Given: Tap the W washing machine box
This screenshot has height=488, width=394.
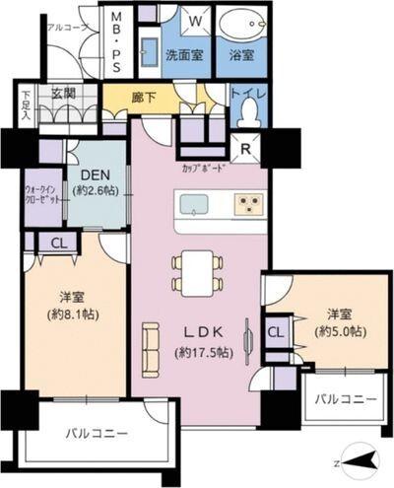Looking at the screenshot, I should pos(195,20).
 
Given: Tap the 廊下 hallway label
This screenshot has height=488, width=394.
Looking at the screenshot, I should pos(144,97).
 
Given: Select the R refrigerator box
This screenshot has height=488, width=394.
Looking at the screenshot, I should pos(245,149).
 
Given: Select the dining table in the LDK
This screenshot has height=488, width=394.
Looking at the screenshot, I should pos(190,272).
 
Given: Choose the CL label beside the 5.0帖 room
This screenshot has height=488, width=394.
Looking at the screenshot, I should pos(275,331).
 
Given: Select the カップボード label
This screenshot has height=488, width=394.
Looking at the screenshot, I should pos(205,169).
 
